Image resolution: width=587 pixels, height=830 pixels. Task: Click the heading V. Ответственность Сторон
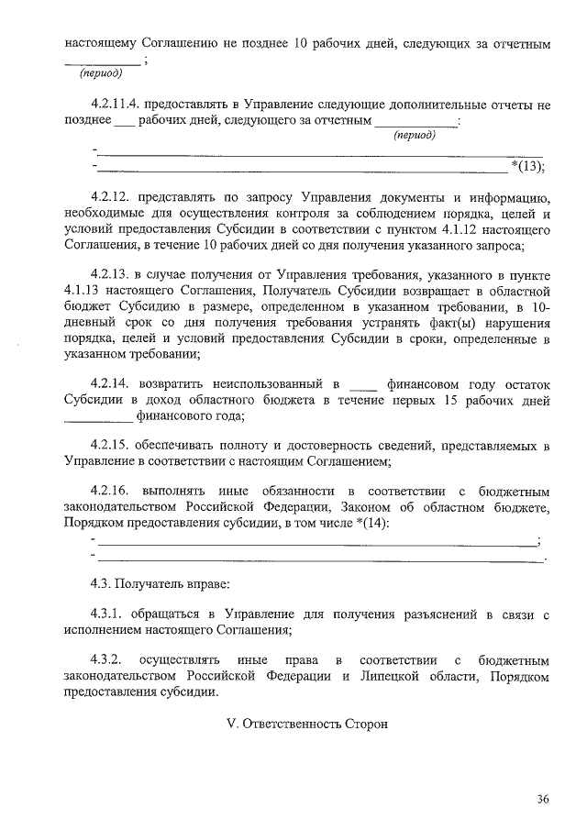(307, 725)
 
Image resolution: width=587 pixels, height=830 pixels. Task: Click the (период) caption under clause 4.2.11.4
(414, 135)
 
